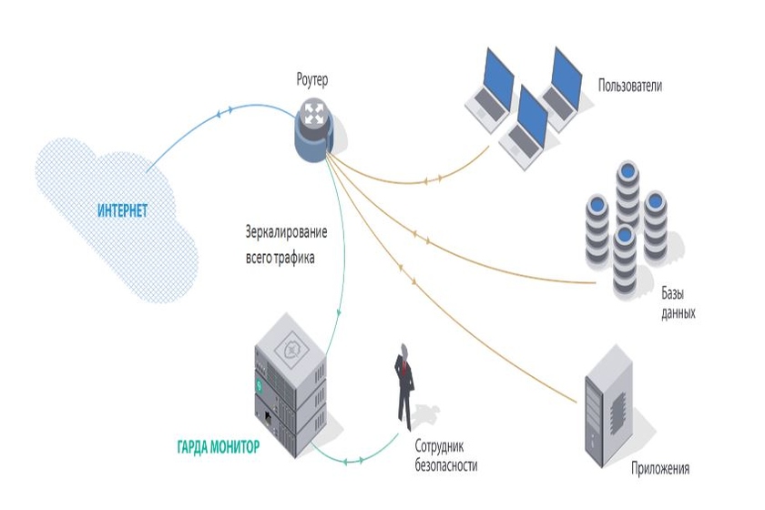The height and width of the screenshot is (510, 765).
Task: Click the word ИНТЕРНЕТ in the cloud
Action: (122, 210)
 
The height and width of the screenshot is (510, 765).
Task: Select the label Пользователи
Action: (630, 87)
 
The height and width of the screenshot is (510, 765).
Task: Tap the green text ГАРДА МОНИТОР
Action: (218, 447)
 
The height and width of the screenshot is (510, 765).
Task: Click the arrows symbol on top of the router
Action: (315, 113)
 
